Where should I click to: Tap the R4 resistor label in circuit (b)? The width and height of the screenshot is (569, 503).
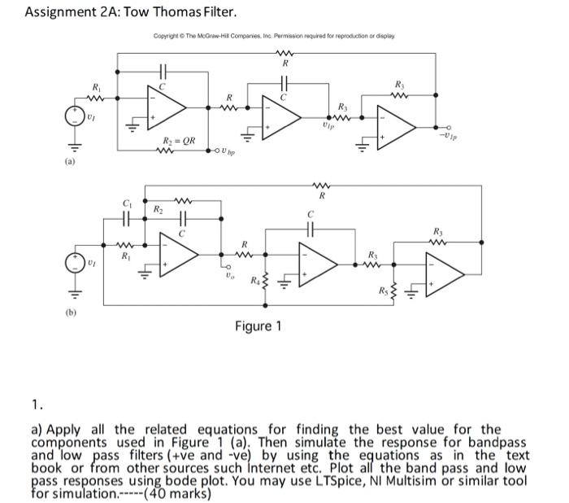255,281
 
